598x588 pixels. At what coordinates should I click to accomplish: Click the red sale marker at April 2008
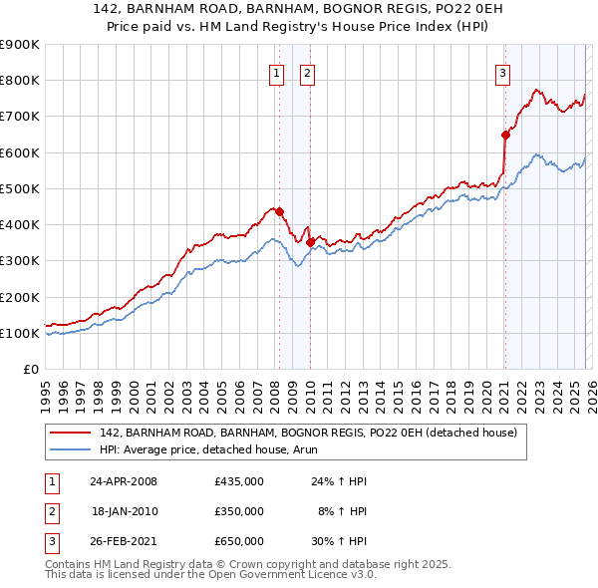[279, 211]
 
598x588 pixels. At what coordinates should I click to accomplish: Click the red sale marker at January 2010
[310, 241]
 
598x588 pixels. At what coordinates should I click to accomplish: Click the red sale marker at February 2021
[505, 134]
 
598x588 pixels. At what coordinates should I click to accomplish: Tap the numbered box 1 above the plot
[275, 72]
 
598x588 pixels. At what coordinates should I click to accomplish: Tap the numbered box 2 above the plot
[307, 72]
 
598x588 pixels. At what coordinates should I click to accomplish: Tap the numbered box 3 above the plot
[502, 72]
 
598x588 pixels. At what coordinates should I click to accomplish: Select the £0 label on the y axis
[30, 369]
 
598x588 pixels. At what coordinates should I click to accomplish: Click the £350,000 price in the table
[238, 511]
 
